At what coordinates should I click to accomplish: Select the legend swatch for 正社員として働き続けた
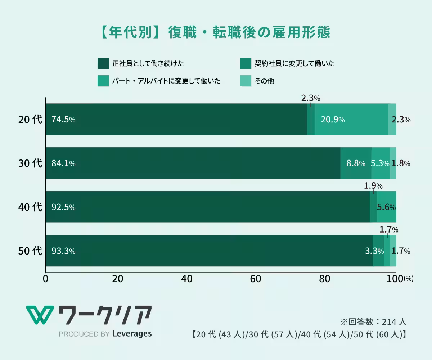point(103,63)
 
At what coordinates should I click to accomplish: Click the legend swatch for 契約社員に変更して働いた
point(246,63)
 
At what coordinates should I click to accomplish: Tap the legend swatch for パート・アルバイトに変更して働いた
point(103,81)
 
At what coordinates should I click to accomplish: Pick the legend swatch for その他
point(246,81)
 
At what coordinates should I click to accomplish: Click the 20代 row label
point(30,120)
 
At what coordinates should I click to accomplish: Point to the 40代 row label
point(30,207)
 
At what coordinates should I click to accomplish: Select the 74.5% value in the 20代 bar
point(63,120)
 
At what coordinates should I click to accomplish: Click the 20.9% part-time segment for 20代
point(333,120)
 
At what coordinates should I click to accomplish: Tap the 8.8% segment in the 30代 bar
point(356,163)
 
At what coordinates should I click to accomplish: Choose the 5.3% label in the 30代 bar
point(380,163)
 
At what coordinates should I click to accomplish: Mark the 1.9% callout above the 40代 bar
point(373,186)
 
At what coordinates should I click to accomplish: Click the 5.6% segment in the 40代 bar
point(386,207)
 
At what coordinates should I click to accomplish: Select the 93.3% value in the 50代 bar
point(63,251)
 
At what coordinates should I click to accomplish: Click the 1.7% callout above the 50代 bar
point(389,229)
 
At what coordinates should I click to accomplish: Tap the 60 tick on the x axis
point(255,279)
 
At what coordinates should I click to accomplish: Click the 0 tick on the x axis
point(46,279)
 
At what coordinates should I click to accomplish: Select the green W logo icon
point(40,315)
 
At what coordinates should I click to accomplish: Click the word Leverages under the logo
point(132,334)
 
